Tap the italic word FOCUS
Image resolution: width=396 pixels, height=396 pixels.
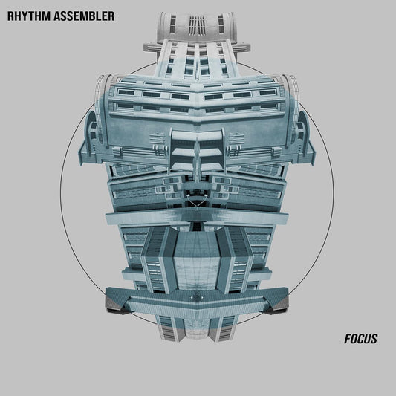361,339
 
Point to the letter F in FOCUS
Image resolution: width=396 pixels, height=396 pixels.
348,339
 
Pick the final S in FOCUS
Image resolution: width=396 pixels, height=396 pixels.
374,339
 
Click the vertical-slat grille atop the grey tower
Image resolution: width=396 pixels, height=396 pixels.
198,25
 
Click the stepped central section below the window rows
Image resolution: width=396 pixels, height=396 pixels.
197,152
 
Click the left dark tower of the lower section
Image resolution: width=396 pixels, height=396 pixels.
159,260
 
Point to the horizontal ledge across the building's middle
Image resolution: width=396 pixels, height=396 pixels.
197,216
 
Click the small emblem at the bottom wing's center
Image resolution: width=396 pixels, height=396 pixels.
198,297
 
